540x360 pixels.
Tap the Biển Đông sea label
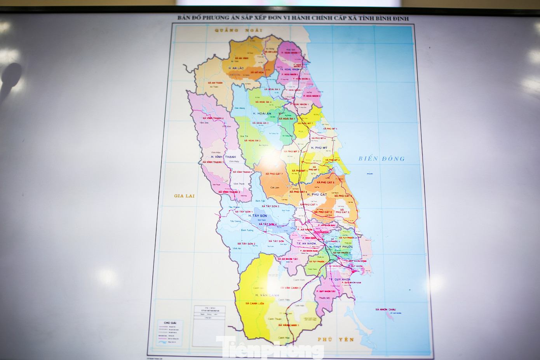(x=381, y=158)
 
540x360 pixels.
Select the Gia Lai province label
(x=184, y=196)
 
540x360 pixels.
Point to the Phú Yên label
(x=336, y=339)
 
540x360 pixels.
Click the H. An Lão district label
(x=236, y=68)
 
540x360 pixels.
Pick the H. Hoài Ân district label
(x=262, y=113)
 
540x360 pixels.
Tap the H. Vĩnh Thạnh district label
(x=223, y=157)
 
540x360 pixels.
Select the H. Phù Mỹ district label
(x=319, y=148)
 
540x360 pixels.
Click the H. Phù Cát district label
(x=317, y=194)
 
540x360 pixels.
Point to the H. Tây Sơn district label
(x=258, y=216)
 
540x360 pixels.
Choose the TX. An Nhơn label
(x=306, y=243)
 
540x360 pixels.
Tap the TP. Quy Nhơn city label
(x=340, y=279)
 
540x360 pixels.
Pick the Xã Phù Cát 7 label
(x=274, y=174)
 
